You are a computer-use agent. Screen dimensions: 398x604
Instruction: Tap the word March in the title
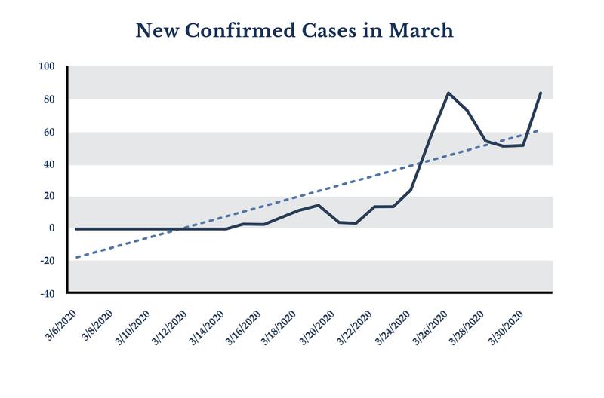(x=421, y=32)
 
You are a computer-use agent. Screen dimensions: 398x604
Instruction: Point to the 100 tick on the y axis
(x=48, y=67)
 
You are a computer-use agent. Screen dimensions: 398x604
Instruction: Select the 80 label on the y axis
(x=50, y=99)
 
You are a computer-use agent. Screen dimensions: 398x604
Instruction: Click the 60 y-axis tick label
(x=50, y=132)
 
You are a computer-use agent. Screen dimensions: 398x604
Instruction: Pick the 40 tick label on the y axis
(x=50, y=164)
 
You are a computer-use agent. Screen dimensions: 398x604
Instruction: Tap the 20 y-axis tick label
(x=50, y=197)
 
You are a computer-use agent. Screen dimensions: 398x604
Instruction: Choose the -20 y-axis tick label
(x=48, y=261)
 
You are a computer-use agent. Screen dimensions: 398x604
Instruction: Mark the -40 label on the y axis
(x=48, y=293)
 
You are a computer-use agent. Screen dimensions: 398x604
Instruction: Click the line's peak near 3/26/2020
(x=449, y=93)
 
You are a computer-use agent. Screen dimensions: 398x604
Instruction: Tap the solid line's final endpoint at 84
(x=541, y=93)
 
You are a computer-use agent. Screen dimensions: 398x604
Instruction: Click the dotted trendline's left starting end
(x=77, y=257)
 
